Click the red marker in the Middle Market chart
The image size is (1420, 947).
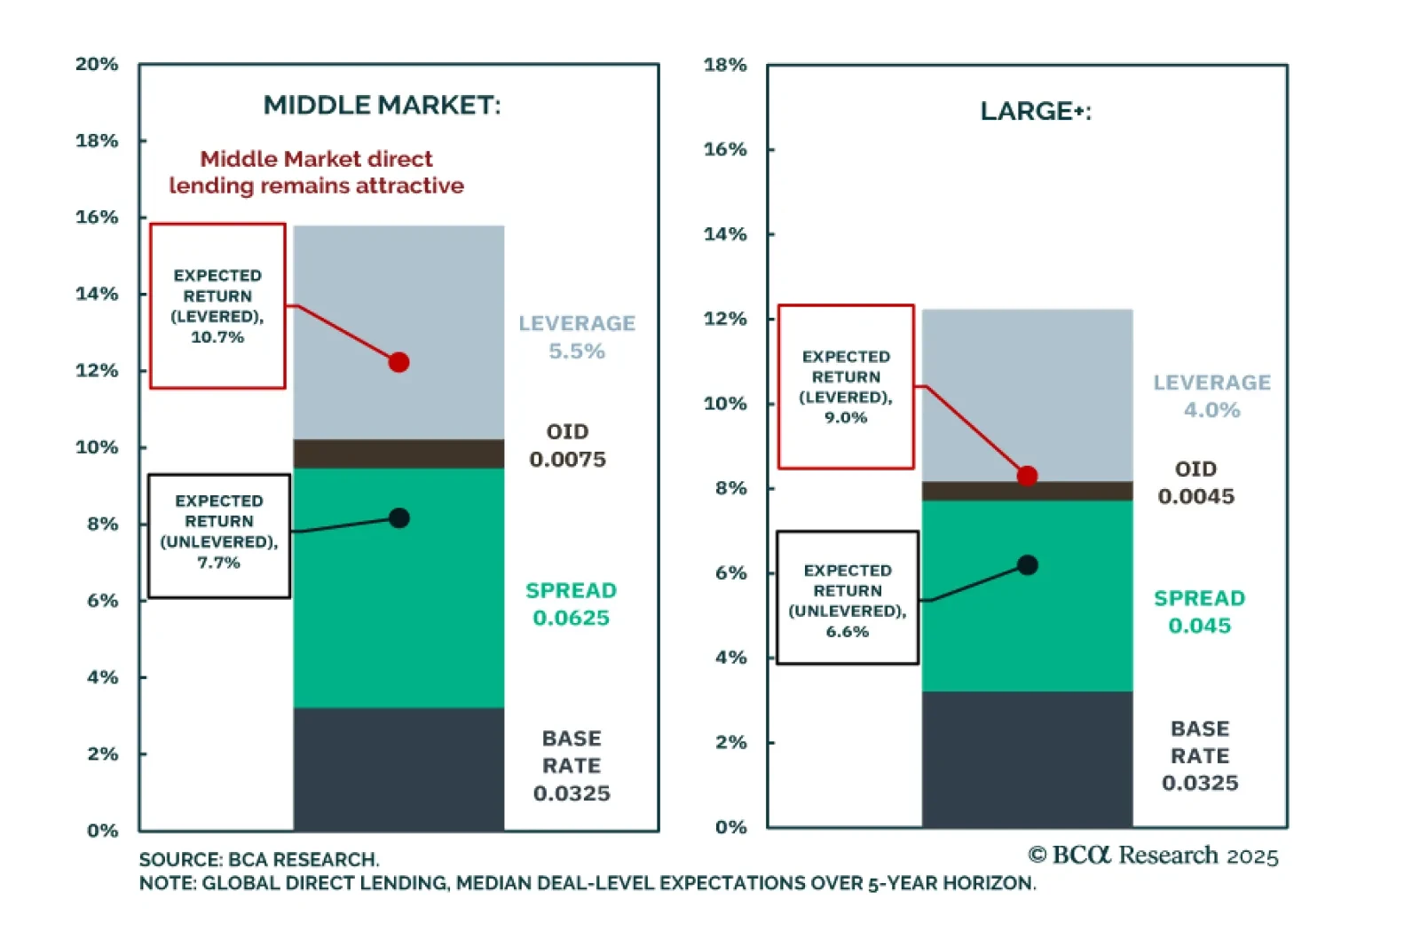pos(398,362)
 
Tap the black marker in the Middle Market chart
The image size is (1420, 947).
pos(399,518)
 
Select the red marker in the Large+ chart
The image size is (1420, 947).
pos(1027,477)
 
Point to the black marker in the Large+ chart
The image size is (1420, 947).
pos(1028,565)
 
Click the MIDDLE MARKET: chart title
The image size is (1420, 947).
pos(382,106)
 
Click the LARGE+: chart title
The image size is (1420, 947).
pos(1036,112)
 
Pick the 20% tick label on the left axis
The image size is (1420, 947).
pos(97,64)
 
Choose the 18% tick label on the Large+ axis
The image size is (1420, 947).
pos(725,65)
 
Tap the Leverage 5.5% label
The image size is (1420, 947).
pos(577,337)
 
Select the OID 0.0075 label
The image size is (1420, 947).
pos(568,446)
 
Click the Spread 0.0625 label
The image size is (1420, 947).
pos(571,604)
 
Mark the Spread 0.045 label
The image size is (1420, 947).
pos(1199,612)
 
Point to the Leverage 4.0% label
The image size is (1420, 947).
pos(1211,396)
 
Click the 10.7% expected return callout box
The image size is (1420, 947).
pos(217,306)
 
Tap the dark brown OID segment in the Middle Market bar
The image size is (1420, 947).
pos(398,454)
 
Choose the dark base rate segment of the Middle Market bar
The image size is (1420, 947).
pos(398,769)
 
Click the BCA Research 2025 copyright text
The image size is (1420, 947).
pos(1153,856)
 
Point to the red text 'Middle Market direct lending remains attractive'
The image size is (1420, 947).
pos(316,172)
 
